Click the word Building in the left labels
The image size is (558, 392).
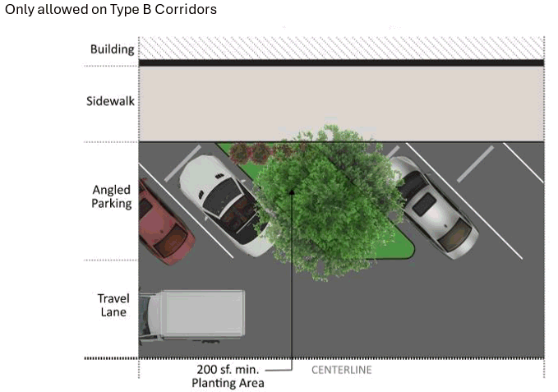(112, 49)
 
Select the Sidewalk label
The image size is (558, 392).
(110, 102)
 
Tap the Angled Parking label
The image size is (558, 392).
(111, 196)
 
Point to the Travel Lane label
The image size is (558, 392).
(113, 305)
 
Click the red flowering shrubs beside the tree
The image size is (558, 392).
(250, 152)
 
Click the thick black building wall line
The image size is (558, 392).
(340, 62)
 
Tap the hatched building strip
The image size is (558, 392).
(340, 48)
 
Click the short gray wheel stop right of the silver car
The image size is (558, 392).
(476, 164)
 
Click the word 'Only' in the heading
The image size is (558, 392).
(19, 9)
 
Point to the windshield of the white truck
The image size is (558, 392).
(149, 315)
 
